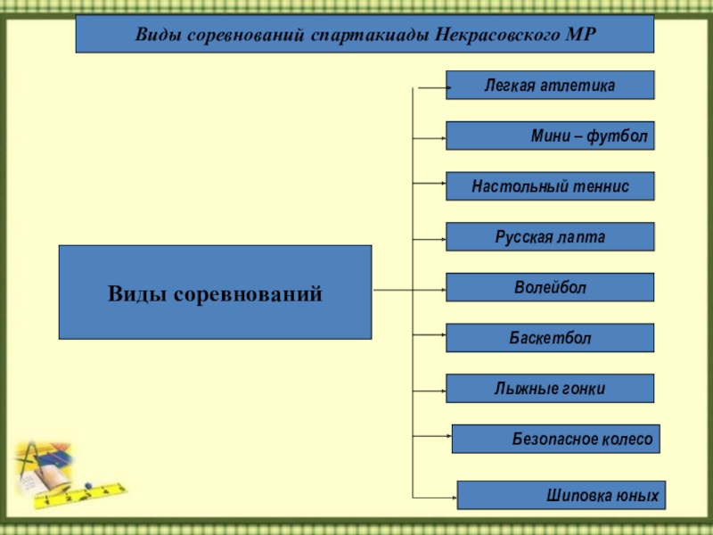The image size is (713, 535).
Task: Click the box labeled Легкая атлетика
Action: (550, 85)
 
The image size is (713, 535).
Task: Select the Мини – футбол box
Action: (550, 136)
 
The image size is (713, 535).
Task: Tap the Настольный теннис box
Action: (550, 186)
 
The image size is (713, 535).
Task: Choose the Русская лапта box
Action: (550, 237)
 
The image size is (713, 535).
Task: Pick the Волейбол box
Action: (550, 287)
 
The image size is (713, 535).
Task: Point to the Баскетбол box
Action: (550, 338)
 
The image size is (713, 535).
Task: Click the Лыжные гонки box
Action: (550, 389)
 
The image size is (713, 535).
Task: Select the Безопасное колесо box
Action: (556, 439)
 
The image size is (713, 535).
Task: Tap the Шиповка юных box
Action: (561, 495)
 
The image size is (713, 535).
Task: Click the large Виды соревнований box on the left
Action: (215, 292)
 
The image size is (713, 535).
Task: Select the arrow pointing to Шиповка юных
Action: (436, 497)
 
